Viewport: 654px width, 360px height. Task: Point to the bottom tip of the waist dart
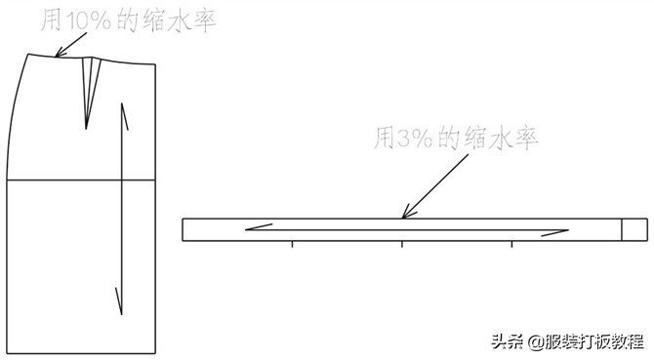86,128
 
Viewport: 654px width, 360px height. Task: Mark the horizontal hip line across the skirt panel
82,180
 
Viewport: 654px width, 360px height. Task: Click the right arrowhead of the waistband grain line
560,232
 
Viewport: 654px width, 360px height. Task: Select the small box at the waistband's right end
634,229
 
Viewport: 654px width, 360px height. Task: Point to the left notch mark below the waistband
292,244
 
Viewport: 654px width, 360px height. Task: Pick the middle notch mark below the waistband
402,244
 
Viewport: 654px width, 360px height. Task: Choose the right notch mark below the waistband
512,244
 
